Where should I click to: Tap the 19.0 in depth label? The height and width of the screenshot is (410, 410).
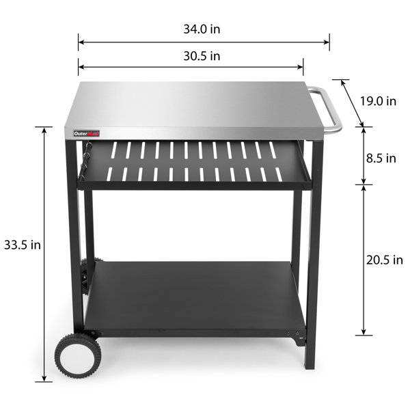tap(378, 100)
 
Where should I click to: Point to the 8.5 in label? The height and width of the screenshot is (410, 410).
tap(381, 158)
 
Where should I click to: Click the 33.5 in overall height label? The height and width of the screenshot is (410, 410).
tap(21, 245)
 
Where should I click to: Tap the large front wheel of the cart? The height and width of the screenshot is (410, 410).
tap(78, 355)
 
